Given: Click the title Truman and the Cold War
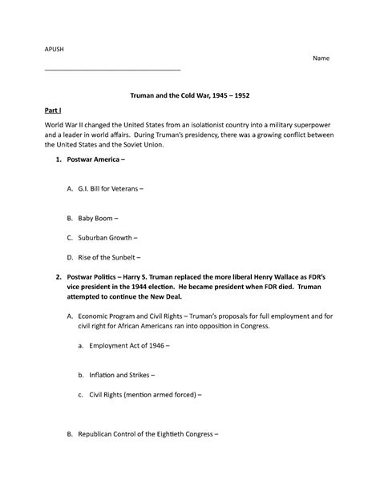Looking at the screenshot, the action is tap(190, 95).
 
